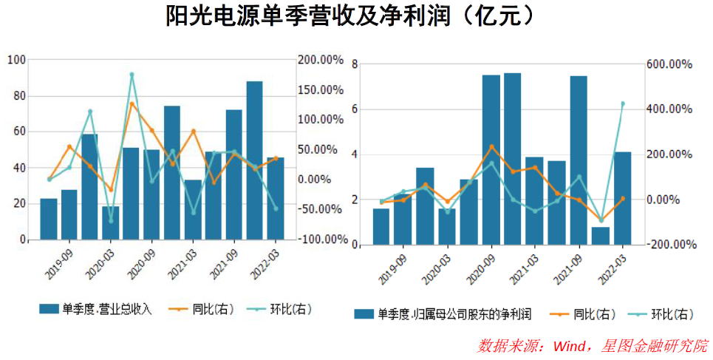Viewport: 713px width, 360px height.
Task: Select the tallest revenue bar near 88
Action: tap(254, 159)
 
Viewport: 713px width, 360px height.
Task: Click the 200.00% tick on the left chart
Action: tap(320, 59)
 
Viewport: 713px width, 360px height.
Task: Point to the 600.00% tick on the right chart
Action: tap(669, 64)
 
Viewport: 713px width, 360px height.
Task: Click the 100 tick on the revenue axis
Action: tap(16, 60)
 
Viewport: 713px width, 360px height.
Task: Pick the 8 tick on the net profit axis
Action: tap(355, 64)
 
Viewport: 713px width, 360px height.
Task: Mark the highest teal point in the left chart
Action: tap(132, 75)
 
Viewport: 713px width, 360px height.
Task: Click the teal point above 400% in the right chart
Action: tap(622, 103)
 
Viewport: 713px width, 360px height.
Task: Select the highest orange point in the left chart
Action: tap(132, 103)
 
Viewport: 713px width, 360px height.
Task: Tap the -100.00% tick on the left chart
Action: tap(320, 240)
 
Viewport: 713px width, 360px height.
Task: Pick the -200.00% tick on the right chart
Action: tap(669, 244)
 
